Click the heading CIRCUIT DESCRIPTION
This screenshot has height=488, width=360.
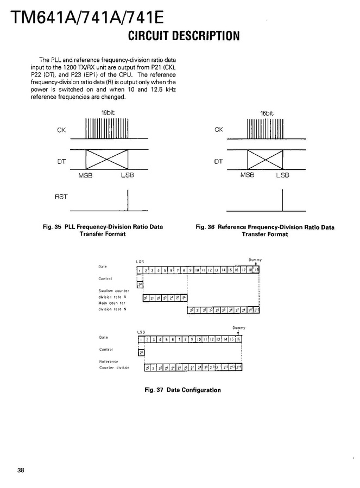tap(183, 36)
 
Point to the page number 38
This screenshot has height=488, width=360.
tap(21, 470)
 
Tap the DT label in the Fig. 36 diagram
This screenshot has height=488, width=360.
tap(218, 161)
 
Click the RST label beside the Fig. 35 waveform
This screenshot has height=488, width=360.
tap(61, 197)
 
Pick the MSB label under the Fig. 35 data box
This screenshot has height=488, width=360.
tap(86, 175)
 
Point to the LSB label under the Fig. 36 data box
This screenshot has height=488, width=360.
tap(282, 175)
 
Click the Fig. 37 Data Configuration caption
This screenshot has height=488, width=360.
tap(182, 390)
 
